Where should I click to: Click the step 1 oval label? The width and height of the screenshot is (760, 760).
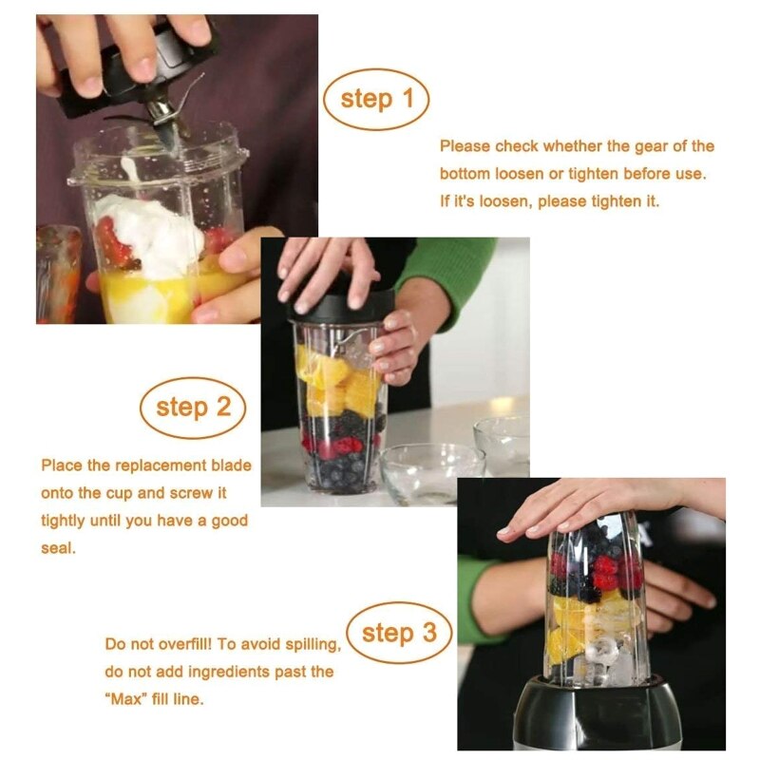click(x=376, y=99)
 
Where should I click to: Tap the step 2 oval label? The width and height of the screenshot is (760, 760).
click(x=193, y=408)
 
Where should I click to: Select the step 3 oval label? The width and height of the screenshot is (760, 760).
click(x=401, y=633)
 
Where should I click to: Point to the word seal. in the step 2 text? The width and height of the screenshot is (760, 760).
click(x=59, y=548)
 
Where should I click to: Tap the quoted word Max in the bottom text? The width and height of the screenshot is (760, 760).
click(x=127, y=699)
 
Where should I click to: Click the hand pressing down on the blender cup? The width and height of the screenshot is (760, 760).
click(x=589, y=503)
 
